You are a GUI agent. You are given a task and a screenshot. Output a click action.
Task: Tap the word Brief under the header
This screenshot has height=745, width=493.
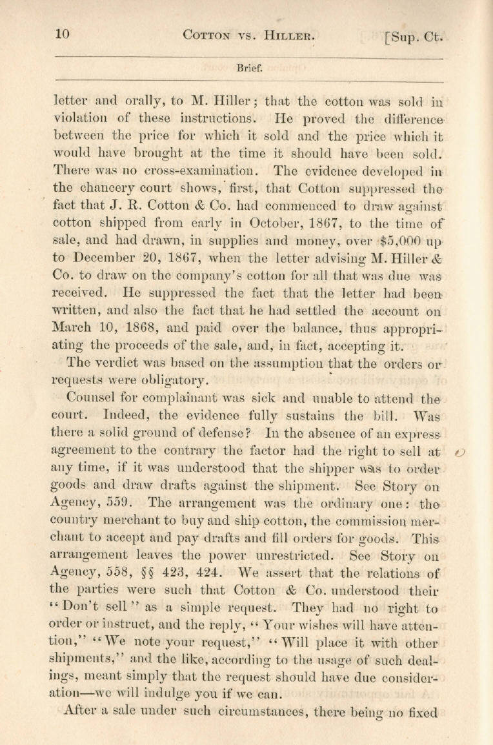click(248, 66)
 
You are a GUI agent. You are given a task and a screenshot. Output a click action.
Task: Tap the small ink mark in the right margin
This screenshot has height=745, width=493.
click(460, 453)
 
